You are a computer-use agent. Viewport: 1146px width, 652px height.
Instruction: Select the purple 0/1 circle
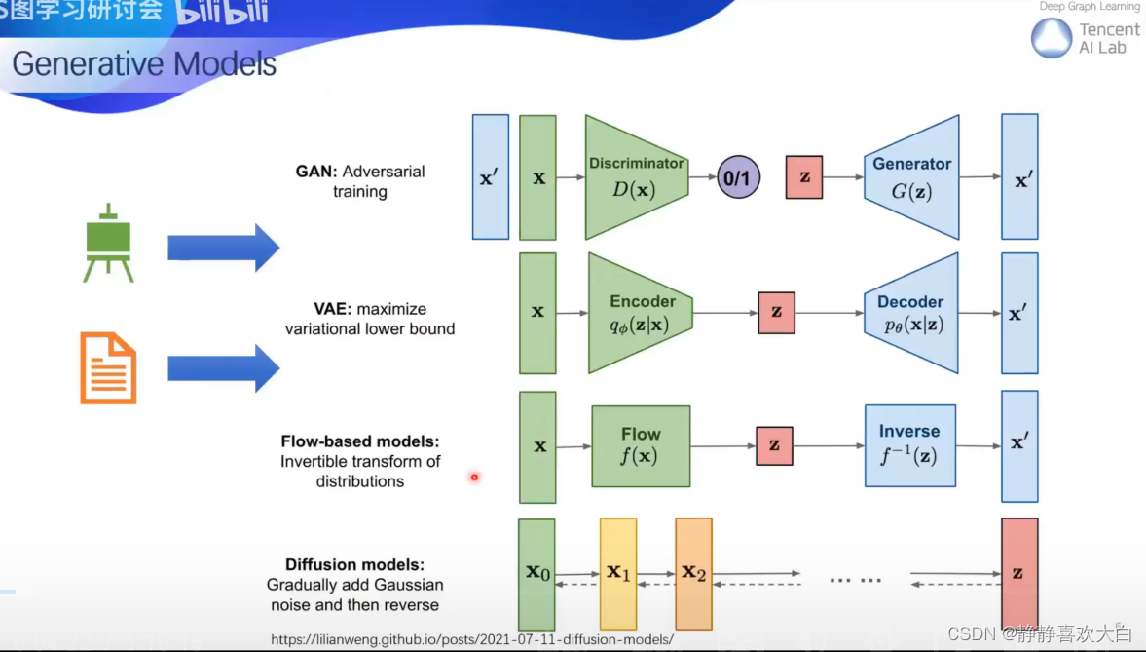[738, 178]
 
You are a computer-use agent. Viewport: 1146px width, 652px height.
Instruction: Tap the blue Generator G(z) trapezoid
[911, 177]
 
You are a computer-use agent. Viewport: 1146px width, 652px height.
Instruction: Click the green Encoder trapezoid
[637, 313]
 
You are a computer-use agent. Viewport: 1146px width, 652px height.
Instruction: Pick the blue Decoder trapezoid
[910, 313]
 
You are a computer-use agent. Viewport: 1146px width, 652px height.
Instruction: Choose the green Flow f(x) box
[641, 446]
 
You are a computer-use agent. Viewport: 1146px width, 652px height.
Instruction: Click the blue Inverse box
[909, 445]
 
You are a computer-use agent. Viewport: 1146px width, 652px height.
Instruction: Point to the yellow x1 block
[618, 573]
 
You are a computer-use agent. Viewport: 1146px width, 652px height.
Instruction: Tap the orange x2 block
[693, 573]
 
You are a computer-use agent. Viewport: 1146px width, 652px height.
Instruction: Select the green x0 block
[536, 573]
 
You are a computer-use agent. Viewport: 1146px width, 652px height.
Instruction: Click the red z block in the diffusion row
[1018, 573]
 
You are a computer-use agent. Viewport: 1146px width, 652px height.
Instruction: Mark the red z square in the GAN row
[804, 178]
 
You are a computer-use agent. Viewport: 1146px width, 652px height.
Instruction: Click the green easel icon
[108, 243]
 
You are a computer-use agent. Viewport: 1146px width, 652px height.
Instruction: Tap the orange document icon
[107, 367]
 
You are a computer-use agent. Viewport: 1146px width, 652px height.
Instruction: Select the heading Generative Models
[144, 64]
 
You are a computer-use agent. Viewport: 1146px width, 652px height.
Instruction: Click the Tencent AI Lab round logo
[1052, 39]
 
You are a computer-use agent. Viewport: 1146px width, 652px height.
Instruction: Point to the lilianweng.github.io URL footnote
[472, 640]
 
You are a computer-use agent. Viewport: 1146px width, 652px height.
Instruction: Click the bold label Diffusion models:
[355, 565]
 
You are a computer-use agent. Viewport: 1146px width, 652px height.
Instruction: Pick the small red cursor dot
[474, 477]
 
